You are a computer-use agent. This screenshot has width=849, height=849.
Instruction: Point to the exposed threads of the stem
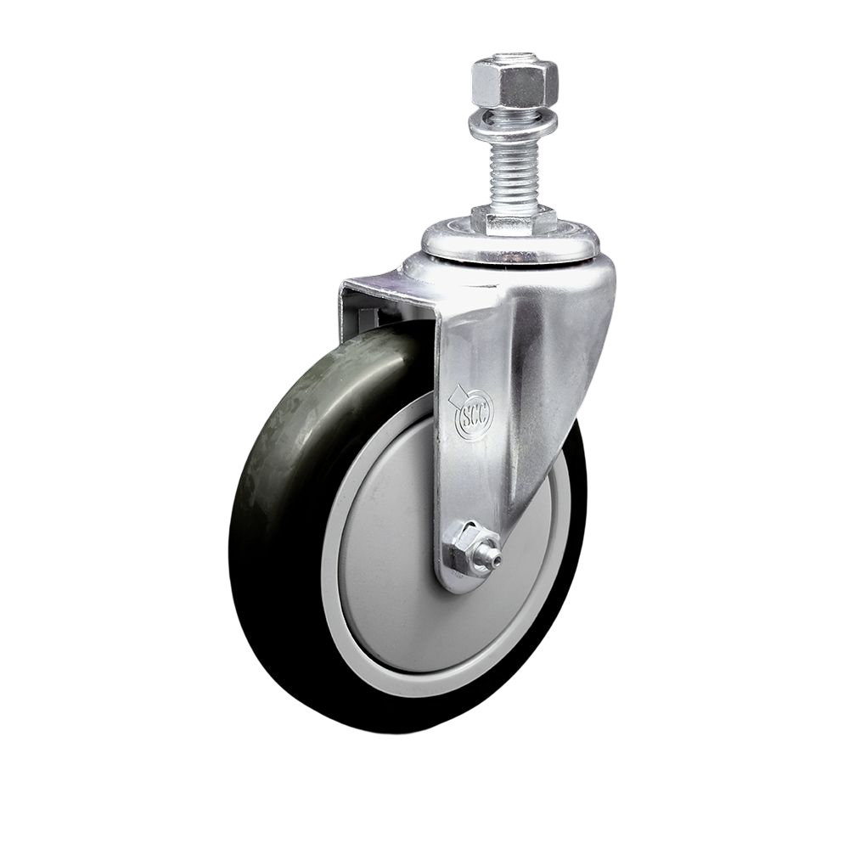click(x=512, y=174)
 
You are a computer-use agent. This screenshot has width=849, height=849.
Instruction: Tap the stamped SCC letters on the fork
click(x=474, y=413)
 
